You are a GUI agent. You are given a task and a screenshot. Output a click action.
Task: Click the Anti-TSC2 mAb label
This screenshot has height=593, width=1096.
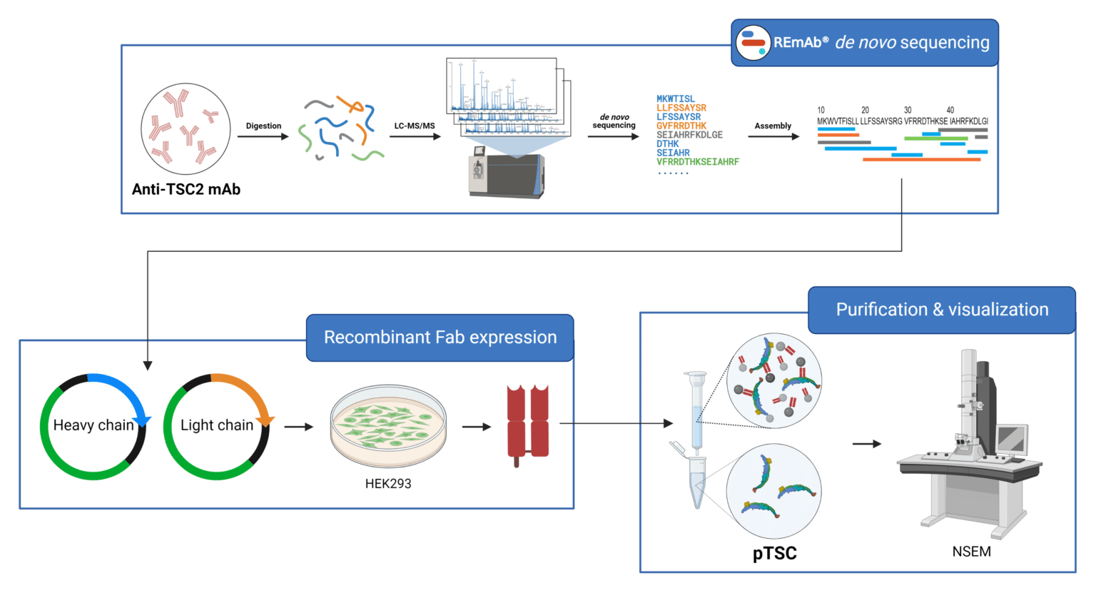pos(186,189)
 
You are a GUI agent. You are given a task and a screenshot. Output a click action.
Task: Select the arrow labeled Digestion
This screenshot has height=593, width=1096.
pos(263,136)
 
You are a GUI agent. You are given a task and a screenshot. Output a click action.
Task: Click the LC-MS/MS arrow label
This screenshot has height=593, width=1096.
pos(414,126)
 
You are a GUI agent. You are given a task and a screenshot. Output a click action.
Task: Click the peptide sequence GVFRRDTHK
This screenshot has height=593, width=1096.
pos(681,126)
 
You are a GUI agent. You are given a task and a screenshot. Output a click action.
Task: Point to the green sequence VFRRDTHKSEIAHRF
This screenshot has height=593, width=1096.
pos(697,162)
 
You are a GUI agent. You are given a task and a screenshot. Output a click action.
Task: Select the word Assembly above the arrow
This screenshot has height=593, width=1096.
pos(773,126)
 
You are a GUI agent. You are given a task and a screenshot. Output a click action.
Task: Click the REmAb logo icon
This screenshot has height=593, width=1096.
pos(753,43)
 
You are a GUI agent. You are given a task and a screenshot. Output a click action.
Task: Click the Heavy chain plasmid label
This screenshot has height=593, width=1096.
pos(93,425)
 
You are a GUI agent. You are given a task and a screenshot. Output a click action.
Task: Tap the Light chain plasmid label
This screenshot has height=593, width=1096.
pos(217,425)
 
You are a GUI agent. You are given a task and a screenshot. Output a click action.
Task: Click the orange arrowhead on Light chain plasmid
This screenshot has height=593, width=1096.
pos(265,419)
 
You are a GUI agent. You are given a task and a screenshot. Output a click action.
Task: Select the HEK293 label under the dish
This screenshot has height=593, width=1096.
pos(388,484)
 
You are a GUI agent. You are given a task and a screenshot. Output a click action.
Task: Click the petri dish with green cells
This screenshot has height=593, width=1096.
pos(388,426)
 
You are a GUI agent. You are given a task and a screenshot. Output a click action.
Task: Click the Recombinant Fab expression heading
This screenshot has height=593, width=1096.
pos(440,338)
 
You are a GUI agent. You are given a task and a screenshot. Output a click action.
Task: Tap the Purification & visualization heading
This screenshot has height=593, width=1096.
pos(942,310)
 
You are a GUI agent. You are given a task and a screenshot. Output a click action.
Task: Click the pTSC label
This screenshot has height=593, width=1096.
pos(774,554)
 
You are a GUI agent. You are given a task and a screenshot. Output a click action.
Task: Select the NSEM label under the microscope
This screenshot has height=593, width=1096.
pos(971,552)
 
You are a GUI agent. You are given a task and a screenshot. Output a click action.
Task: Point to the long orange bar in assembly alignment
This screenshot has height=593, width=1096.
pos(921,160)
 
